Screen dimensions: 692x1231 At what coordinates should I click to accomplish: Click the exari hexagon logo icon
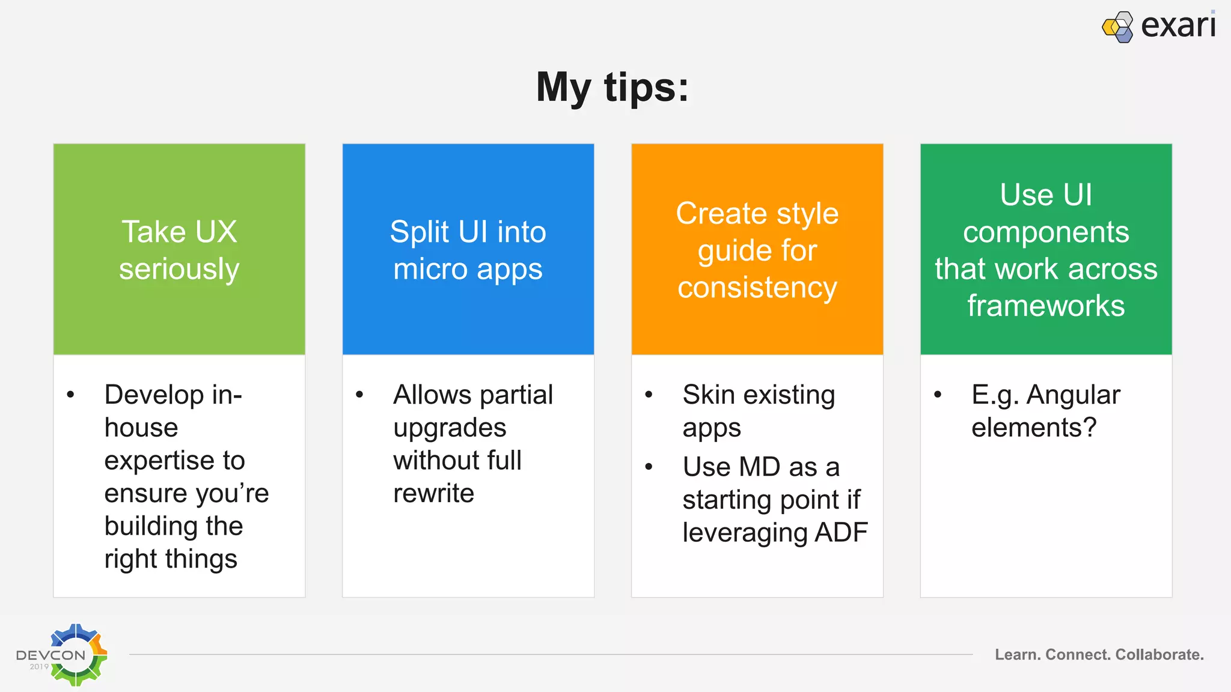click(x=1117, y=27)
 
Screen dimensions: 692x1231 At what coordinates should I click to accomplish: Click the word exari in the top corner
click(x=1178, y=26)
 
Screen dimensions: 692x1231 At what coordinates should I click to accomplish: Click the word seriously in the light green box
click(x=179, y=269)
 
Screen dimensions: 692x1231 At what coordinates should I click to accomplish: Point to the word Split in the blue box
click(x=419, y=232)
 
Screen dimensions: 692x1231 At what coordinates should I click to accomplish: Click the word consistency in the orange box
click(x=757, y=288)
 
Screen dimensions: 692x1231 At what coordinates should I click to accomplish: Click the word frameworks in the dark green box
click(x=1046, y=306)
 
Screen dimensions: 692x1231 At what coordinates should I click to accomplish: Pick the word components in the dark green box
click(x=1046, y=232)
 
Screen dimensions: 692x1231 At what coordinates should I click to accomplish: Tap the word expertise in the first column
click(x=159, y=461)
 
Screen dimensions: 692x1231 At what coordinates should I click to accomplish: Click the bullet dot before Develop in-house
click(x=71, y=395)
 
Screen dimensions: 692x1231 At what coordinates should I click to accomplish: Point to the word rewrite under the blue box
click(x=433, y=494)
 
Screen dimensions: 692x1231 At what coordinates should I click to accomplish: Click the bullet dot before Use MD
click(x=649, y=467)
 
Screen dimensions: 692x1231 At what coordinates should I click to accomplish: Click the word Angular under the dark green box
click(x=1073, y=395)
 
